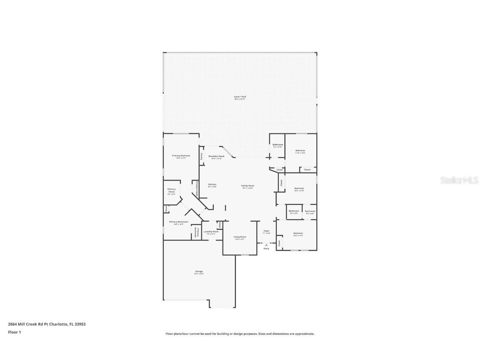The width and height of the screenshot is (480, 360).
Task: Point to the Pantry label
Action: tap(202, 156)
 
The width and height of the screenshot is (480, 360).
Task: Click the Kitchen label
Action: tap(212, 185)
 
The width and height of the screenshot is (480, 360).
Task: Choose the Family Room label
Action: tap(247, 186)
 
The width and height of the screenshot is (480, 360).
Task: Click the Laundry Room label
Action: tap(210, 232)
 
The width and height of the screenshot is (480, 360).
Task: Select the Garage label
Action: tap(199, 272)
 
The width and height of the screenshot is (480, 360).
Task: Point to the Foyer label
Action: tap(266, 231)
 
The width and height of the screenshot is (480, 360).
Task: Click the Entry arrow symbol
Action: tap(266, 245)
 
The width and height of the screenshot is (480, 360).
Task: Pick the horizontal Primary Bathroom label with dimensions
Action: tap(178, 222)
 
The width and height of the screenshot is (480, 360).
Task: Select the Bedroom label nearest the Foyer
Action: tap(298, 234)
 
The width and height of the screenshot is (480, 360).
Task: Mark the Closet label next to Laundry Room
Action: tap(220, 225)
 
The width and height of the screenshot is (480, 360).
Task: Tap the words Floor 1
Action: tap(14, 332)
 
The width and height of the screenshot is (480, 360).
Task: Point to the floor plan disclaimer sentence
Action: tap(240, 334)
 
